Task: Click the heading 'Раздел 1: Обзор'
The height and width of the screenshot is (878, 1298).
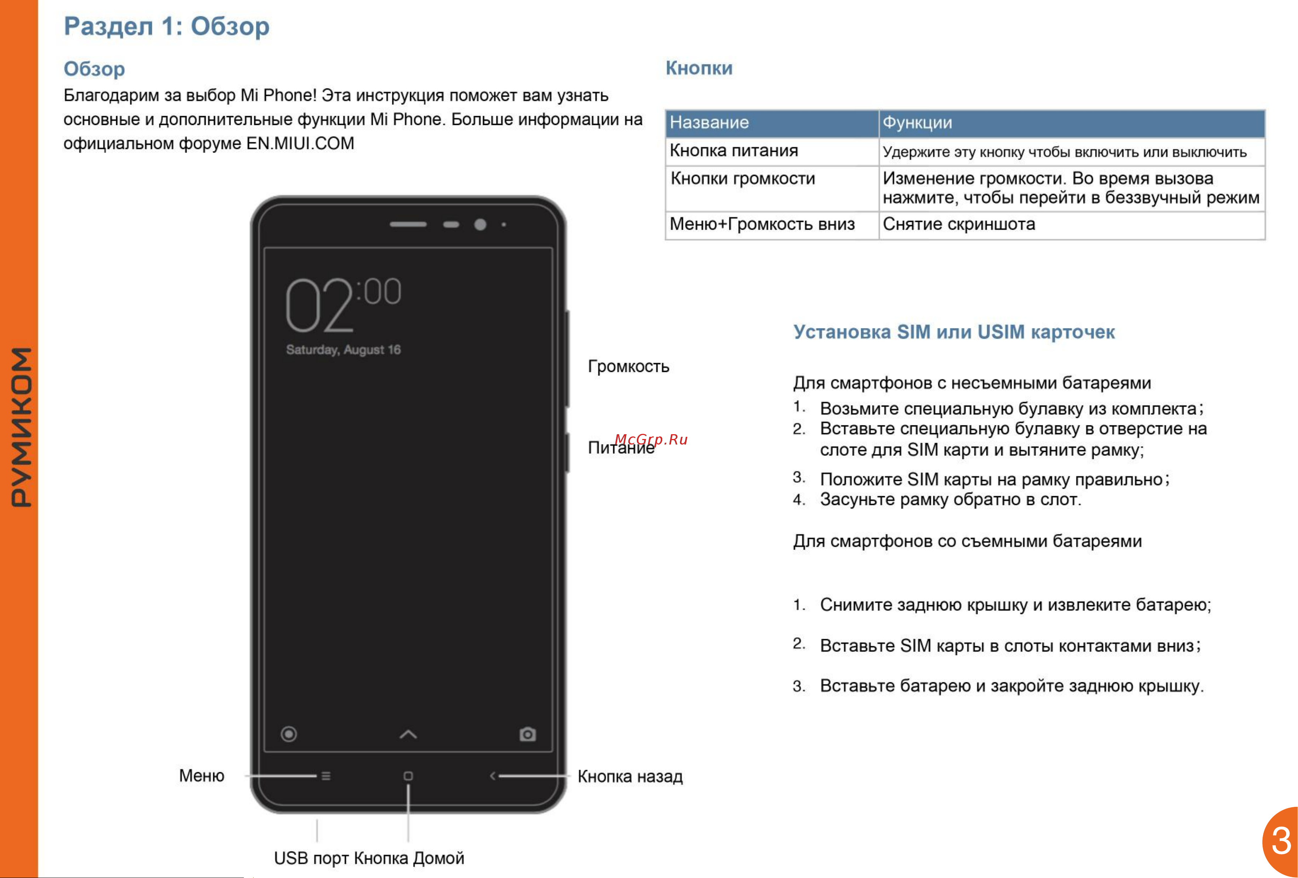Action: coord(166,26)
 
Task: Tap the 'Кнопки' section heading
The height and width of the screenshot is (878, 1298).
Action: coord(699,68)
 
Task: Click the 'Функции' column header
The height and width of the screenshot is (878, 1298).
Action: coord(917,122)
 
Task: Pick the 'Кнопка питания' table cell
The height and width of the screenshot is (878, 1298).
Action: coord(733,151)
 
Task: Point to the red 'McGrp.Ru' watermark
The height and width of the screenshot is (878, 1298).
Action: coord(651,439)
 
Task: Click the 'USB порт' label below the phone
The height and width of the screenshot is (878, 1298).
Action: coord(311,858)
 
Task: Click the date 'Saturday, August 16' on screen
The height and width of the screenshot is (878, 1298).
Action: coord(343,350)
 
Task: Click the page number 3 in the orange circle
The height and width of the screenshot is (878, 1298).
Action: coord(1281,841)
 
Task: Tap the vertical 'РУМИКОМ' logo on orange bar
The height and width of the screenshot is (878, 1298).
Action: coord(21,427)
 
